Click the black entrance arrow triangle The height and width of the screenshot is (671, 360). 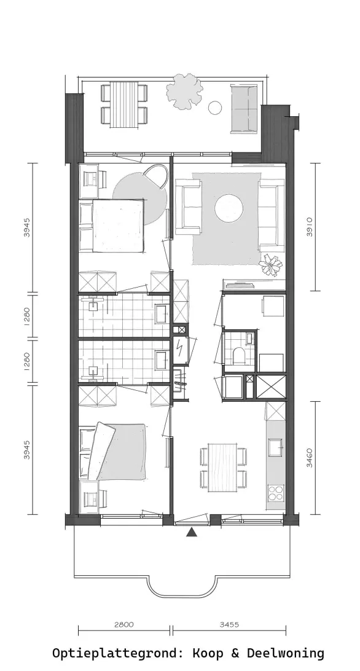(x=192, y=532)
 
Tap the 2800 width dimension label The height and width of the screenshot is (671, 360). (x=123, y=625)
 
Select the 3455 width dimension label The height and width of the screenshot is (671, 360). (x=229, y=625)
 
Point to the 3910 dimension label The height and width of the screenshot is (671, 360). (x=310, y=227)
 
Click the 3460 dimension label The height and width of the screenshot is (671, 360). (x=310, y=457)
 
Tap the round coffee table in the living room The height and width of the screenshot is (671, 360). (x=229, y=210)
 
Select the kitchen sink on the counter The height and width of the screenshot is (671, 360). (x=275, y=447)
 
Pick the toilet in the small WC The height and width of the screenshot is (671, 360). (x=238, y=355)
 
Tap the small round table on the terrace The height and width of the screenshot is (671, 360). (x=215, y=108)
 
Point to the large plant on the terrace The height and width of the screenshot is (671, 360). (x=184, y=92)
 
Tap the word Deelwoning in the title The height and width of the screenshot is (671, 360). (x=285, y=653)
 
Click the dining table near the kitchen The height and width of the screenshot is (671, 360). (x=222, y=468)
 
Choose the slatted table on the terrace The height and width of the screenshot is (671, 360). (x=124, y=105)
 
